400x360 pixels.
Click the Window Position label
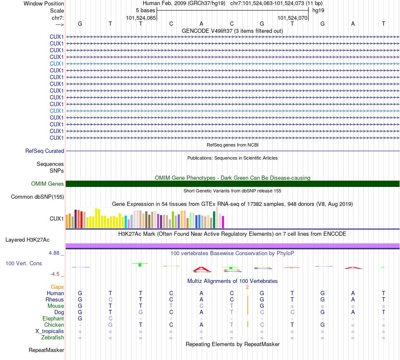44,3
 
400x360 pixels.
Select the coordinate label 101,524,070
292,18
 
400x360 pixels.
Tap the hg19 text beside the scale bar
318,11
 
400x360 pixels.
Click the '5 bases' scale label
145,11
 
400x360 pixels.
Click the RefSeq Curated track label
45,151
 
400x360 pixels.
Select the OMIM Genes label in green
48,184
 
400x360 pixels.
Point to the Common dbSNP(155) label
37,197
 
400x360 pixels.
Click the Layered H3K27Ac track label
27,240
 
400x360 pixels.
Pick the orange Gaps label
58,287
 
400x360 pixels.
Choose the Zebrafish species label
53,337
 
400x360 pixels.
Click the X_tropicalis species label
50,331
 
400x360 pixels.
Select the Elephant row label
53,318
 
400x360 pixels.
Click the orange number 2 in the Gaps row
248,287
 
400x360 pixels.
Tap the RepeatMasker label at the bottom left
46,350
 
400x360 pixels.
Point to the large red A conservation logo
201,269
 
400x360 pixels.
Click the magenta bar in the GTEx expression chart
223,222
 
